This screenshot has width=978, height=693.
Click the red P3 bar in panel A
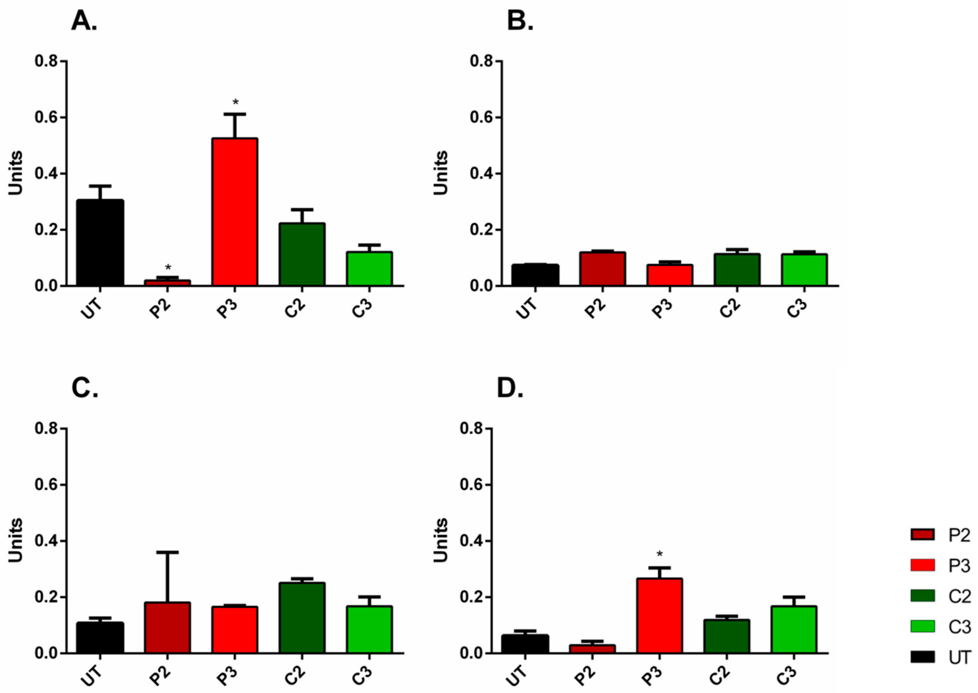click(x=235, y=212)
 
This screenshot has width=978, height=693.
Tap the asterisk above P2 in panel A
click(x=168, y=268)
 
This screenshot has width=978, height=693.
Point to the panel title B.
click(x=520, y=20)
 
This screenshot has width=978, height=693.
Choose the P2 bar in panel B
click(x=602, y=269)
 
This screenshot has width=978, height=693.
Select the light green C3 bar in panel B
click(x=804, y=270)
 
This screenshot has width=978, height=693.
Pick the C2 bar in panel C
click(x=302, y=617)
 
